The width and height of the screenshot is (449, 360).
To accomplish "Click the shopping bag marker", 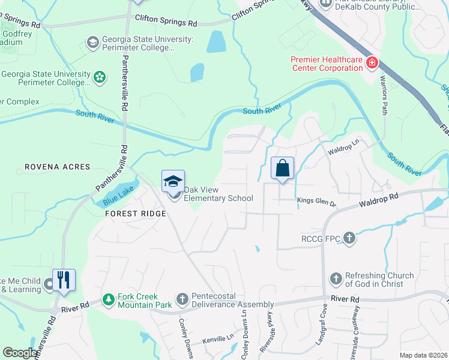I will (x=282, y=169).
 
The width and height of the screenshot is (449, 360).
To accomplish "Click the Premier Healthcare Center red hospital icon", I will (x=372, y=62).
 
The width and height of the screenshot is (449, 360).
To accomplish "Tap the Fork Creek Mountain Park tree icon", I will (x=108, y=298).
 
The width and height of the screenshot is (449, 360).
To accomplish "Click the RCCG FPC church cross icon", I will (x=349, y=239).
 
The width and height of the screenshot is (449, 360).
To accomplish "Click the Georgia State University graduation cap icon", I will (x=92, y=42).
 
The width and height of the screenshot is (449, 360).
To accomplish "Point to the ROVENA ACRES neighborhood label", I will (x=57, y=167).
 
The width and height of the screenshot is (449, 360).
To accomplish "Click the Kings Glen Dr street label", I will (x=317, y=203).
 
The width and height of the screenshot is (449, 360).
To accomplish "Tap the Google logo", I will (x=20, y=352).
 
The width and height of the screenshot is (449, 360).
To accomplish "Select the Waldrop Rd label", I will (x=379, y=200).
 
